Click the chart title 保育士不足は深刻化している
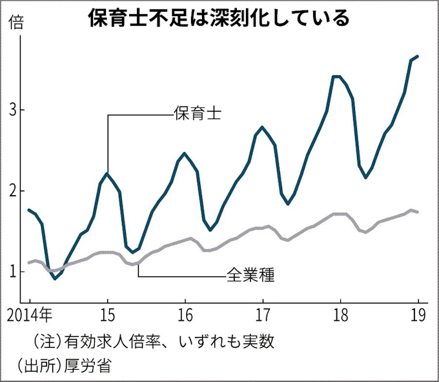[219, 17]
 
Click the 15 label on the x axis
[107, 316]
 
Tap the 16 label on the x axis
[185, 316]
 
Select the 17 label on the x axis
[263, 316]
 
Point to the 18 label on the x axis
[341, 316]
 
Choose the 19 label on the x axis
[418, 316]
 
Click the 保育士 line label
[198, 115]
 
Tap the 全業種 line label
[251, 276]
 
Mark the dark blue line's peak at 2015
[107, 173]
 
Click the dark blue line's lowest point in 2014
[56, 278]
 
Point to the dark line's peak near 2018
[336, 77]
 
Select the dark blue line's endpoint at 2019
[418, 56]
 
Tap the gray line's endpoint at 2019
[418, 212]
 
